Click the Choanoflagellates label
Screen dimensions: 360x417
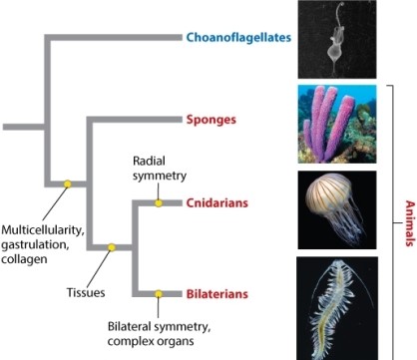[236, 38]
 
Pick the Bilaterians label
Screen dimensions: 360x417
[218, 294]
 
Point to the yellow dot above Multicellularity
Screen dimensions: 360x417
[67, 183]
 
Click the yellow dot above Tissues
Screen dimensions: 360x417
[112, 247]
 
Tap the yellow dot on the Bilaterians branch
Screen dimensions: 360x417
[158, 294]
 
